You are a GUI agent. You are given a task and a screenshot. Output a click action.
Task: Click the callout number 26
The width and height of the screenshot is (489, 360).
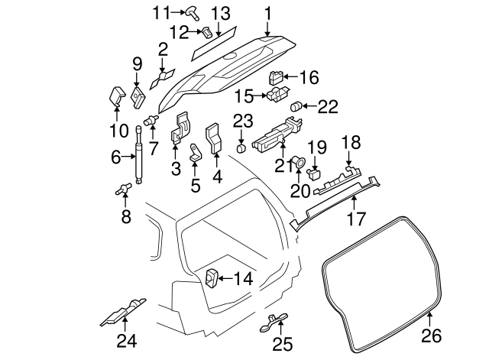click(x=432, y=335)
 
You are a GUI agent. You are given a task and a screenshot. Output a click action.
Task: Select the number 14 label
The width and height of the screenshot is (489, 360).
click(x=241, y=279)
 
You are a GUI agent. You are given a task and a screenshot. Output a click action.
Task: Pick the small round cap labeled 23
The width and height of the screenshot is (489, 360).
click(x=241, y=148)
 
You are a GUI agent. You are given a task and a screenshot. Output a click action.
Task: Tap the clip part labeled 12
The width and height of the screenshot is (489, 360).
click(x=207, y=31)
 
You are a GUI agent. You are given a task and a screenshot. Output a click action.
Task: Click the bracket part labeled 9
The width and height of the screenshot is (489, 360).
click(x=138, y=97)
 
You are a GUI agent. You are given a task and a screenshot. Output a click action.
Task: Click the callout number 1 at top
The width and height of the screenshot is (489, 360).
click(x=268, y=12)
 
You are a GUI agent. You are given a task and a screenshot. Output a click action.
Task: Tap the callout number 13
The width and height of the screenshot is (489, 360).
click(x=220, y=13)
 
